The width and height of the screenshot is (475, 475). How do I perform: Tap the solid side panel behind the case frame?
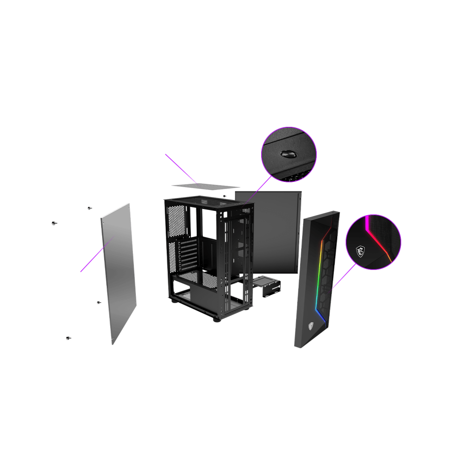pyautogui.click(x=275, y=228)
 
